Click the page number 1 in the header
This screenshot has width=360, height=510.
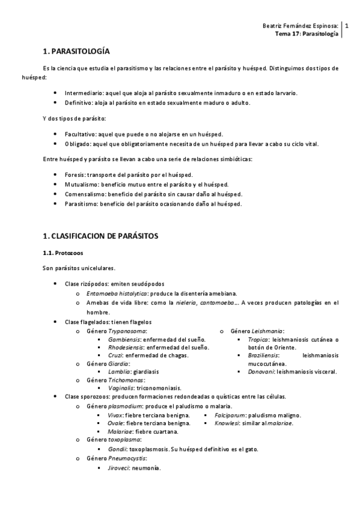(346, 26)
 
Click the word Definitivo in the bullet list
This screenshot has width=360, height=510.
(79, 103)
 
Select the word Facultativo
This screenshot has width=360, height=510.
(80, 134)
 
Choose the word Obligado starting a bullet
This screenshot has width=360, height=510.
(78, 144)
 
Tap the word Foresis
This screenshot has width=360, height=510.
(75, 174)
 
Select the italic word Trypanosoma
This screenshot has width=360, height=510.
(127, 331)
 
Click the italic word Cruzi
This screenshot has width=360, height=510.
(115, 355)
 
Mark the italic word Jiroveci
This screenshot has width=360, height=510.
(118, 468)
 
